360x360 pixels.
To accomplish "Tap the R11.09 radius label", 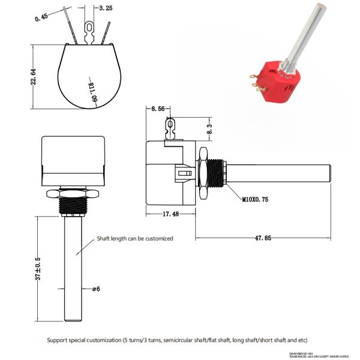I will tap(93, 93).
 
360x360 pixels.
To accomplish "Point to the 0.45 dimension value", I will tap(41, 16).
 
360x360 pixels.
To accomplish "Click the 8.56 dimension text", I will tap(158, 109).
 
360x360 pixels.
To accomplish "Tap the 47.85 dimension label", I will tap(262, 238).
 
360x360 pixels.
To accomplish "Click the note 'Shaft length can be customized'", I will tap(135, 238).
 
